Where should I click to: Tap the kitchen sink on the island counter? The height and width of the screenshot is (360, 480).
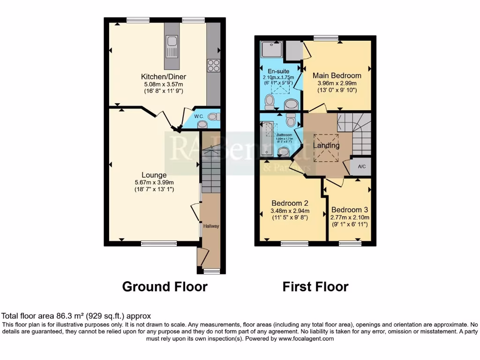click(172, 46)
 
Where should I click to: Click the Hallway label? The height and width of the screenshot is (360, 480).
click(210, 226)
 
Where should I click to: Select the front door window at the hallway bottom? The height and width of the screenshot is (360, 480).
click(211, 271)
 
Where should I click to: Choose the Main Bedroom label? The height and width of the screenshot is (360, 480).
click(337, 75)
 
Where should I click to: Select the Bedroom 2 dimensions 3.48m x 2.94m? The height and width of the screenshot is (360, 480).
click(290, 210)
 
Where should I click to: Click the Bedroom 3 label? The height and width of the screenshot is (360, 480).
click(349, 210)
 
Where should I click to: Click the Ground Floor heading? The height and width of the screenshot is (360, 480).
click(165, 286)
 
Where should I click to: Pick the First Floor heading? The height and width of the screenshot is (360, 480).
click(315, 286)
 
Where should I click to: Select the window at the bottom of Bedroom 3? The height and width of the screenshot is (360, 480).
click(347, 243)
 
